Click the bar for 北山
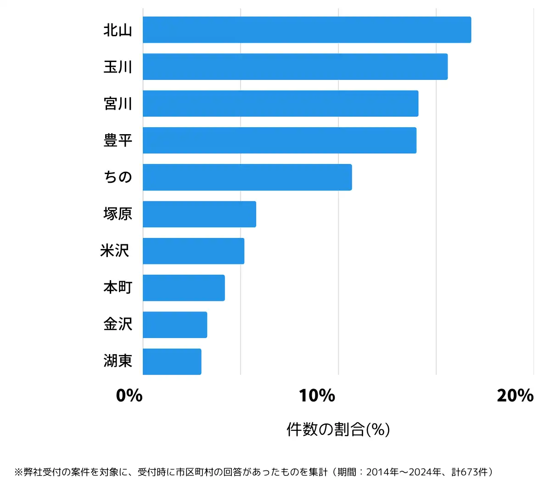point(307,30)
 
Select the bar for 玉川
point(295,67)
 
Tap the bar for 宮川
point(280,103)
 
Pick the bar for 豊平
point(279,140)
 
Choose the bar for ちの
point(247,177)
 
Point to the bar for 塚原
point(199,214)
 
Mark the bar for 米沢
point(193,251)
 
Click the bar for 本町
point(184,288)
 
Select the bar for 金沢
point(174,325)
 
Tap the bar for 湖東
point(172,361)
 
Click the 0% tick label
point(129,395)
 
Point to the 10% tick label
point(317,395)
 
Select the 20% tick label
point(515,395)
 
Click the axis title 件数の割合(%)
point(338,429)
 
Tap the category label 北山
point(118,30)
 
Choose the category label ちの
point(118,177)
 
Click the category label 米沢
point(115,251)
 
